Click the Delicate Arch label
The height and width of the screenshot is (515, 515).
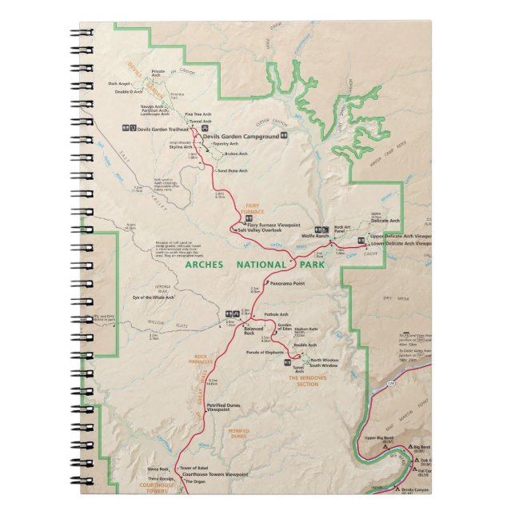click(385, 220)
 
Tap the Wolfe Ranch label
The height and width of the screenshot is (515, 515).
click(316, 237)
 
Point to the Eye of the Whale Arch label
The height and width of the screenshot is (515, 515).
click(154, 297)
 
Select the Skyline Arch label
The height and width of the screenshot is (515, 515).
click(181, 147)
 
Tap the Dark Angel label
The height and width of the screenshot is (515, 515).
click(118, 84)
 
